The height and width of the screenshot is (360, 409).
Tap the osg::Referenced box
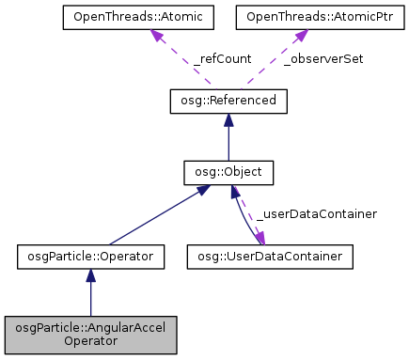[228, 99]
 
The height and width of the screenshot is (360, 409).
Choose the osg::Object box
[228, 172]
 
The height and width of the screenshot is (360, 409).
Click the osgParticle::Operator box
[91, 255]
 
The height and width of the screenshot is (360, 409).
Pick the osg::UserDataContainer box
[271, 255]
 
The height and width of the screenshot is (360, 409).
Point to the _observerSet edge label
[325, 58]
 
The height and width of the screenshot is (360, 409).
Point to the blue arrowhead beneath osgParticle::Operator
[91, 274]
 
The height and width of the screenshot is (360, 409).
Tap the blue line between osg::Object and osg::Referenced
[228, 141]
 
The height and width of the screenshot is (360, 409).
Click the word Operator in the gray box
[91, 342]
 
